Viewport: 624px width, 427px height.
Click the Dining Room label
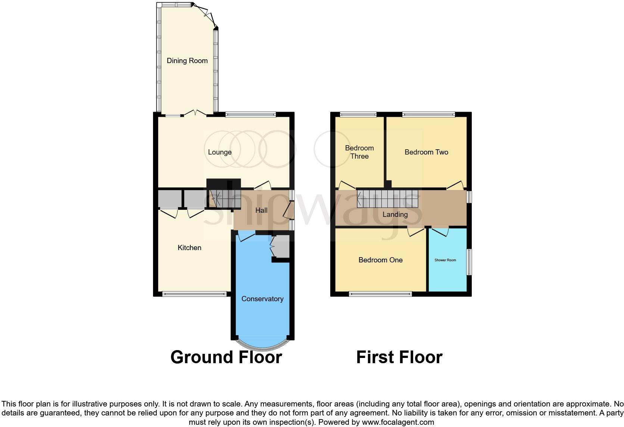tap(187, 60)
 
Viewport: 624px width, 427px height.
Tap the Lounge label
tap(220, 152)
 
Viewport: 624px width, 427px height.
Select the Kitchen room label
tap(189, 247)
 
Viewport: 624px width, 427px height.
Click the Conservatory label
tap(262, 299)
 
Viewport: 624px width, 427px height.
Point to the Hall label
tap(261, 210)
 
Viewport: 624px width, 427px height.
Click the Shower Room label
tap(445, 260)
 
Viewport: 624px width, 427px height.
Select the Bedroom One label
tap(380, 260)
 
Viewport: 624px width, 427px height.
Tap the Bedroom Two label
tap(426, 152)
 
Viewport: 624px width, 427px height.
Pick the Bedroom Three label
tap(359, 152)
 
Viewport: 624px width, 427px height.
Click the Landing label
tap(395, 214)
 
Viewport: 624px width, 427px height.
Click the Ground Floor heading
tap(226, 357)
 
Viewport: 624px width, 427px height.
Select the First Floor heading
tap(399, 357)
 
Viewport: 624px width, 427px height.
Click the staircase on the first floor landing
tap(387, 199)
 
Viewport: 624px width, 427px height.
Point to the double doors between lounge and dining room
tap(196, 113)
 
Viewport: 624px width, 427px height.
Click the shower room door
tap(440, 231)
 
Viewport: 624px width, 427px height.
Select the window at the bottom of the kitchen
tap(195, 294)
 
